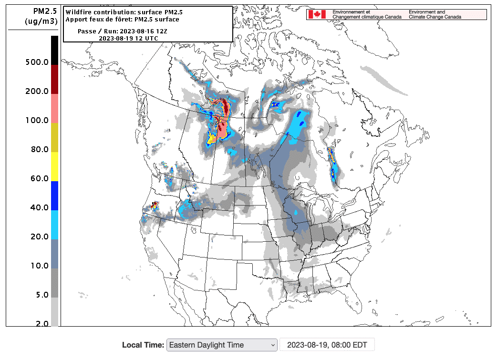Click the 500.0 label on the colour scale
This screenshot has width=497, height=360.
point(37,62)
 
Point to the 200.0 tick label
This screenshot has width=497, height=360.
point(37,92)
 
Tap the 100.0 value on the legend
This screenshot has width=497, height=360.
point(37,121)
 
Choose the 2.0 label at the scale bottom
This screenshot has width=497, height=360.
point(41,324)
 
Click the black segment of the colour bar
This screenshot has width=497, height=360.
point(54,50)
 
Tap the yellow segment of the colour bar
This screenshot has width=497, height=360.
point(54,166)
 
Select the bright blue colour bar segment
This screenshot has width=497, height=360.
point(54,195)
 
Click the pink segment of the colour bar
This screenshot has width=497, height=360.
point(54,108)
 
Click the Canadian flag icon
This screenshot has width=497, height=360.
point(317,14)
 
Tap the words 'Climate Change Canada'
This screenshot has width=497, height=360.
point(435,17)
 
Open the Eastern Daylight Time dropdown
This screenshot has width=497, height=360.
point(221,345)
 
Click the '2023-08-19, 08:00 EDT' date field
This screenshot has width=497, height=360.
point(327,345)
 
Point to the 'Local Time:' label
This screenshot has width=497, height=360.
point(143,345)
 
